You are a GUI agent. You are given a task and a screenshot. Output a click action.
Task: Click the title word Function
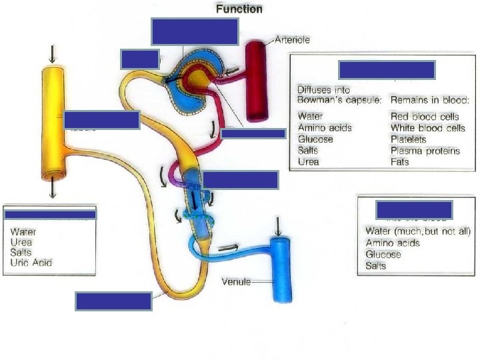239,9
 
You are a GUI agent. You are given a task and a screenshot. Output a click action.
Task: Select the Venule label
236,282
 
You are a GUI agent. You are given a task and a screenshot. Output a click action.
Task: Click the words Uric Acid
31,262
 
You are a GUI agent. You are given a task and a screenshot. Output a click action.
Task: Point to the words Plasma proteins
425,151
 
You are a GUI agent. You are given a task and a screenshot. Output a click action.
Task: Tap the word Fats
400,161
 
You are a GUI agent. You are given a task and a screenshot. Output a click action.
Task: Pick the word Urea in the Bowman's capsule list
309,161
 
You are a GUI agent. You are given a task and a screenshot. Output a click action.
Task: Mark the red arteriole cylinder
255,80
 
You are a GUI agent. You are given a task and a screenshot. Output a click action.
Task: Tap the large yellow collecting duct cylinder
53,120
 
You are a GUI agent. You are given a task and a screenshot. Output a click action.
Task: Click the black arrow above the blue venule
279,227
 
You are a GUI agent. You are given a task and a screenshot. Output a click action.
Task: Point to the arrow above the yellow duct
53,52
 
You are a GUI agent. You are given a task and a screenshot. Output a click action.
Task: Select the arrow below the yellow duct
53,190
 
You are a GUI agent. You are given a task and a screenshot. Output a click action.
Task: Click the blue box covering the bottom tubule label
113,301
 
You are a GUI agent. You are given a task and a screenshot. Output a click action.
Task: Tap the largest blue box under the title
195,31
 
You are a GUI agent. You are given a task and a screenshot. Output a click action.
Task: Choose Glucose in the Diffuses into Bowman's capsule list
315,139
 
